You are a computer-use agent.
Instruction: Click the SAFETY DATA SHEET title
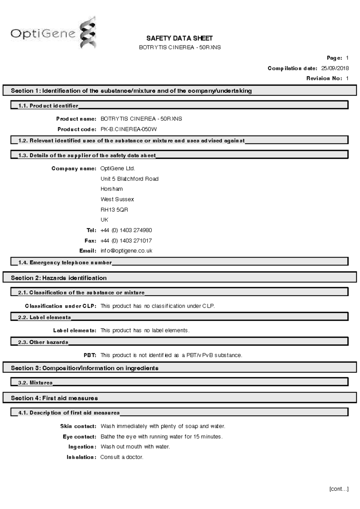(x=179, y=38)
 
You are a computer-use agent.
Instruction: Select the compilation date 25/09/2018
(x=335, y=68)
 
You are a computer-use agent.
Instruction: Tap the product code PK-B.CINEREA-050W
(x=128, y=129)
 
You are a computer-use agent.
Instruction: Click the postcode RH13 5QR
(x=114, y=210)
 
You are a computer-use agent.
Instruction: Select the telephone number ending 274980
(x=126, y=231)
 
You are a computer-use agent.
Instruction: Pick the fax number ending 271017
(x=126, y=241)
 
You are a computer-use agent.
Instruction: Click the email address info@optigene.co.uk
(x=126, y=251)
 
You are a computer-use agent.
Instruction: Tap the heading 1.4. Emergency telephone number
(x=65, y=263)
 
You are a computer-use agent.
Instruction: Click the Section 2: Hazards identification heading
(x=59, y=278)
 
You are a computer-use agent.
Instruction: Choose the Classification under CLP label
(x=61, y=306)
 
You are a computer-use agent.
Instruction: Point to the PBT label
(x=90, y=355)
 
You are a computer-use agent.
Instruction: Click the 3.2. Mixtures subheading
(x=35, y=383)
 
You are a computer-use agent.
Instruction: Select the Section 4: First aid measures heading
(x=54, y=398)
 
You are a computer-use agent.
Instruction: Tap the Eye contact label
(x=79, y=437)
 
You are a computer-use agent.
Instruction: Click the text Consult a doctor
(x=122, y=457)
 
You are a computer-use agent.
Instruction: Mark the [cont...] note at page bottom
(x=339, y=489)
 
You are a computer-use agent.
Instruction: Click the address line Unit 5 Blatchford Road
(x=129, y=179)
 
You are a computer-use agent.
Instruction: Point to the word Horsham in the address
(x=112, y=189)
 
